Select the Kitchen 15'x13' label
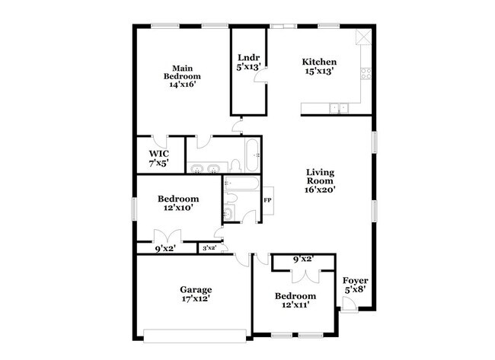319,66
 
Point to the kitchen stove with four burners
366,74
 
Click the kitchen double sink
337,109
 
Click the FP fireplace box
267,200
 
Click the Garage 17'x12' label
196,294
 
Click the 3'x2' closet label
209,247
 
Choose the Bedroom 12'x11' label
295,300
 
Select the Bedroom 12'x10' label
178,203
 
